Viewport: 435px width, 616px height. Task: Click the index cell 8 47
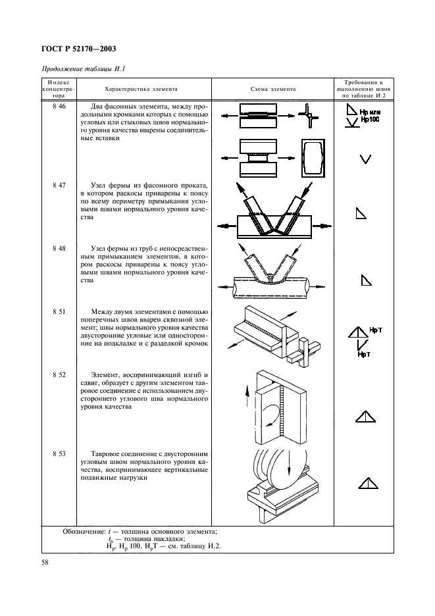[x=58, y=186]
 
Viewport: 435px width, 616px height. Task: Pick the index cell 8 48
[x=58, y=248]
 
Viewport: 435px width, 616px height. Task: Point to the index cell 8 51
[x=58, y=310]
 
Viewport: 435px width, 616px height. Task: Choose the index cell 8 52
[x=58, y=373]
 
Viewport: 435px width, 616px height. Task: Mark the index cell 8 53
[x=58, y=453]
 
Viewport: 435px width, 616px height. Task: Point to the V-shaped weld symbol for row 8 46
[x=366, y=158]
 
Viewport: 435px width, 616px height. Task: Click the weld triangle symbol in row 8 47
[x=361, y=213]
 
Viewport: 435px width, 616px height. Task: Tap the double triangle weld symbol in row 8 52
[x=366, y=415]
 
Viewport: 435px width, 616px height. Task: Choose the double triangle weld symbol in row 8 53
[x=367, y=484]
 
